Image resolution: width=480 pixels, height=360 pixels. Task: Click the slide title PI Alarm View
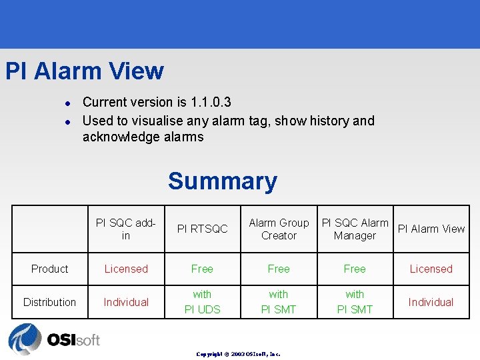tap(85, 71)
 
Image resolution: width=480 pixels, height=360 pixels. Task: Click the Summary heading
tap(222, 181)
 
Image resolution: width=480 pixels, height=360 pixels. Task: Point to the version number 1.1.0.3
tap(211, 102)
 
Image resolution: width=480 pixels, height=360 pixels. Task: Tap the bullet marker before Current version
tap(67, 103)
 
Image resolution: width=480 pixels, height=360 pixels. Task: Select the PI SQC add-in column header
tap(126, 229)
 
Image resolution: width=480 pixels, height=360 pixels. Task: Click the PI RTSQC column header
tap(202, 229)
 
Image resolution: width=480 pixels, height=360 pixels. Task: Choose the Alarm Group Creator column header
tap(279, 229)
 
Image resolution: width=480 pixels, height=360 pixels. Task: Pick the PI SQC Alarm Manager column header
tap(355, 229)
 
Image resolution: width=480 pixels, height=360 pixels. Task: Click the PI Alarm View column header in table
tap(431, 229)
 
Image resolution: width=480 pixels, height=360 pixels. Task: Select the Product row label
tap(50, 269)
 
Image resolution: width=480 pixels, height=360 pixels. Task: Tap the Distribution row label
tap(50, 302)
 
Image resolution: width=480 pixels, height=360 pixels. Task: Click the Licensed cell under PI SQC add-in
tap(126, 269)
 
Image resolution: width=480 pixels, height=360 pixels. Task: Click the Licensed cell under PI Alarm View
tap(431, 269)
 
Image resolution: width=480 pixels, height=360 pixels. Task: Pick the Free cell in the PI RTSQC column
tap(202, 269)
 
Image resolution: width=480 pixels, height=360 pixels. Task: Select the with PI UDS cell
tap(202, 302)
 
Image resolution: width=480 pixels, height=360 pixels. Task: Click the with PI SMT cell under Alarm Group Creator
tap(279, 302)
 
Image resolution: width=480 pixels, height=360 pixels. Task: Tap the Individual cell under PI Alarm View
tap(431, 302)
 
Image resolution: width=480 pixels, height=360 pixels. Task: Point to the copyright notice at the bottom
tap(238, 354)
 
